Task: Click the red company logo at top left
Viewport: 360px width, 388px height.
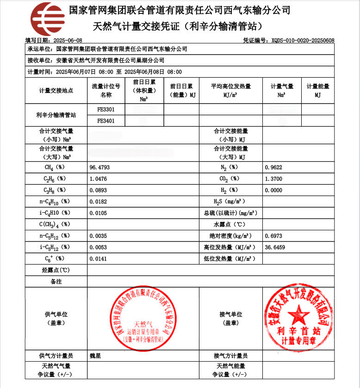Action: pos(48,19)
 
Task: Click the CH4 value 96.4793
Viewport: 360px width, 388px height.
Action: pos(99,167)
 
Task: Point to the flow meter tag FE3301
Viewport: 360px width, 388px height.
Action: pos(106,110)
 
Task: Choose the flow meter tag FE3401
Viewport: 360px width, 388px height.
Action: pos(106,121)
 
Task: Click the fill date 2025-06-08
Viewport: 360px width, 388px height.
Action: pos(68,41)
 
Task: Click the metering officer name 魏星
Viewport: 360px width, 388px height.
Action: pos(95,356)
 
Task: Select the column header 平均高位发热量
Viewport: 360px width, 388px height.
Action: pos(231,86)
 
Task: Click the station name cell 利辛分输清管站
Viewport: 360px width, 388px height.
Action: pos(56,115)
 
